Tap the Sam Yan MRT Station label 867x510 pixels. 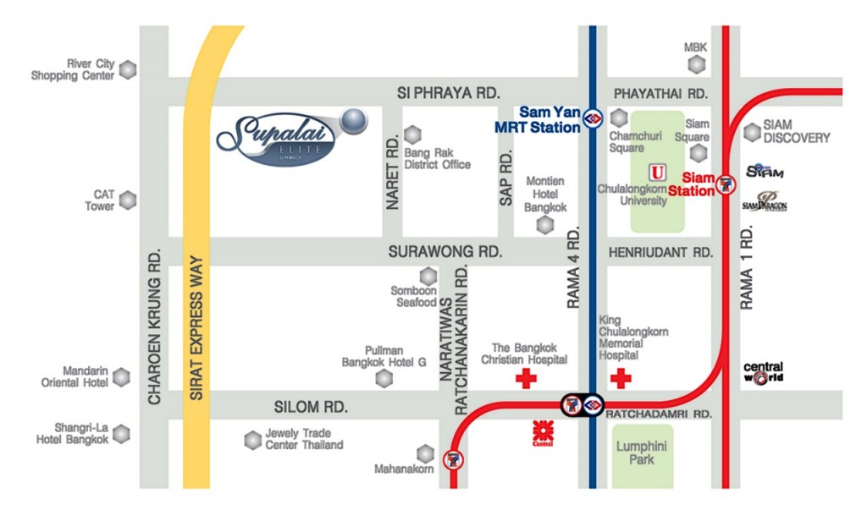(549, 119)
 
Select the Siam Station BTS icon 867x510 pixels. (726, 184)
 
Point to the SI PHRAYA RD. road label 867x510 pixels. (449, 92)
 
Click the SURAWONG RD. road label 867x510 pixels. (445, 252)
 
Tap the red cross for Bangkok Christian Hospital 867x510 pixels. (526, 378)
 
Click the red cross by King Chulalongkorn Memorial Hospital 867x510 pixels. (621, 378)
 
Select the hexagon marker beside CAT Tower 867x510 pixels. (128, 200)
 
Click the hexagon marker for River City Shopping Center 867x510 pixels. (128, 70)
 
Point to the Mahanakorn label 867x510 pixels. (404, 469)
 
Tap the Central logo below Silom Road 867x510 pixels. (543, 431)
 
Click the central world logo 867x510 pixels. (763, 372)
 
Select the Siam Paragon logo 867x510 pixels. (765, 201)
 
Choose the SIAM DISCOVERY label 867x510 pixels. (796, 131)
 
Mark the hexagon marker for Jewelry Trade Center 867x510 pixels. (252, 440)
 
